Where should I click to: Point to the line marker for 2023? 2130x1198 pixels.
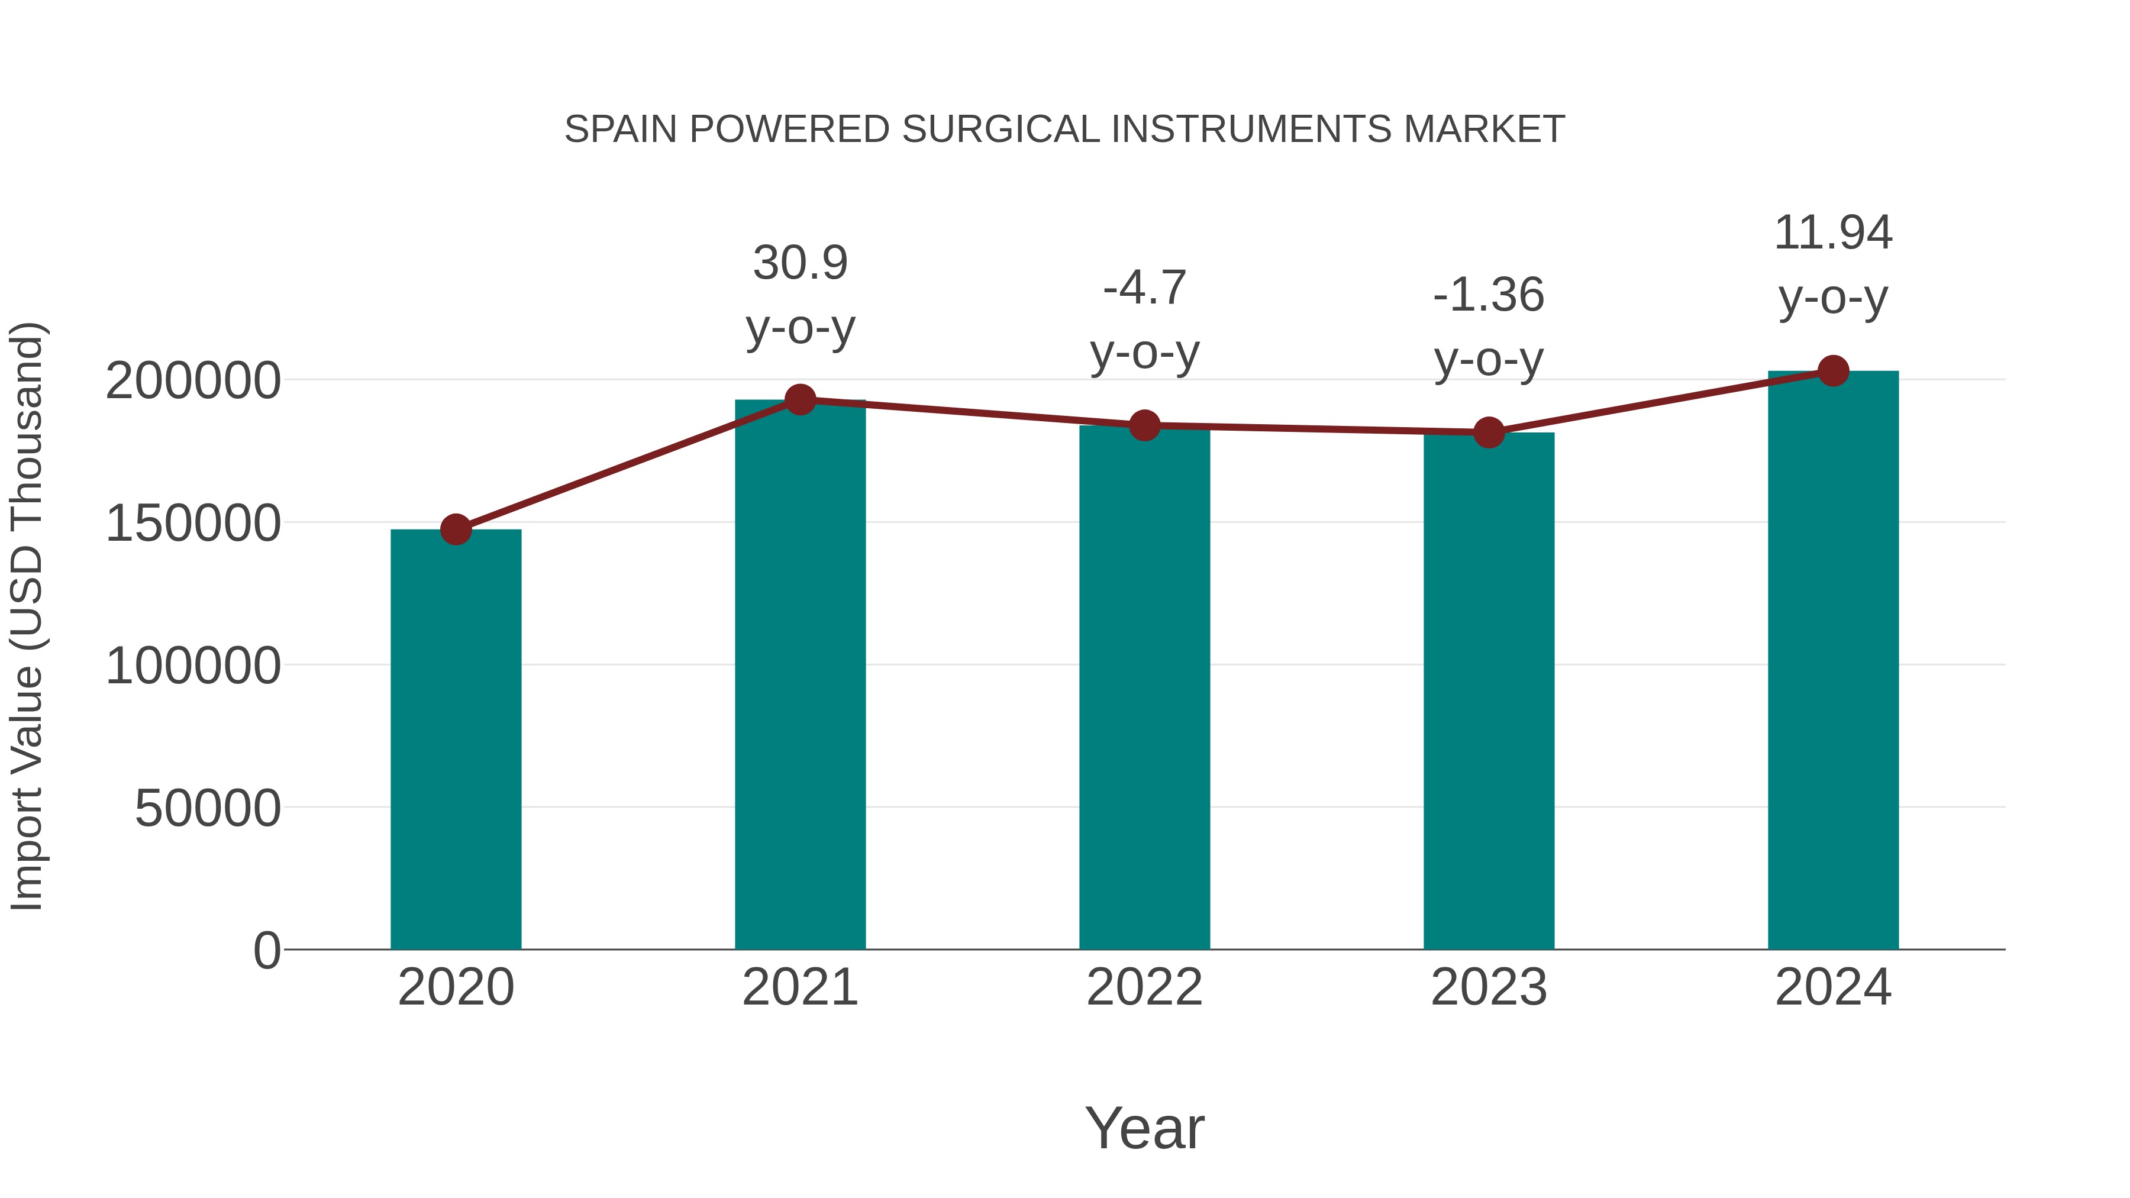pyautogui.click(x=1489, y=432)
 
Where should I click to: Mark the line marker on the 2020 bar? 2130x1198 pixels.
pyautogui.click(x=456, y=529)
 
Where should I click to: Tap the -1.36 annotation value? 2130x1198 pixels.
pyautogui.click(x=1489, y=295)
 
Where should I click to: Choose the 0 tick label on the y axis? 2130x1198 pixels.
pyautogui.click(x=266, y=950)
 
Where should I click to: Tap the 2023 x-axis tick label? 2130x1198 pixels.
pyautogui.click(x=1489, y=987)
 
